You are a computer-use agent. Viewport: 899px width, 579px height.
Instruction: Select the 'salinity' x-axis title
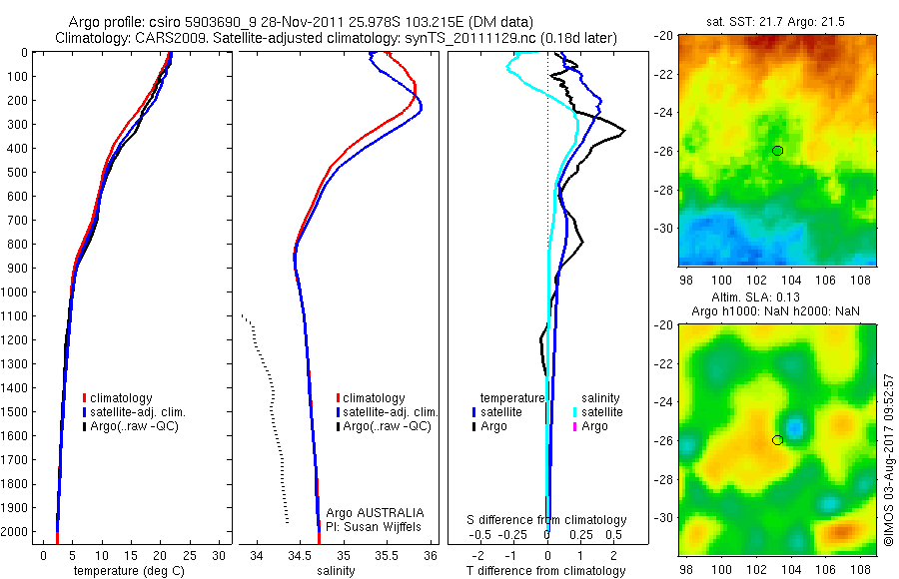[x=335, y=572]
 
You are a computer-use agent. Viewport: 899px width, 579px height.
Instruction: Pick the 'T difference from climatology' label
[x=547, y=572]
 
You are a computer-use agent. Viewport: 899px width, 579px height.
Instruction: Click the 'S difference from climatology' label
[x=547, y=520]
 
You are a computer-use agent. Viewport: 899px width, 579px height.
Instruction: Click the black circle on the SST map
[x=777, y=151]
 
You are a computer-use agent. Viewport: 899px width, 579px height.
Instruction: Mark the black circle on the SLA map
[x=777, y=440]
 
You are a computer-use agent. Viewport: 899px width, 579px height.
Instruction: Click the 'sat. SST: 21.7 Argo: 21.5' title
[x=777, y=21]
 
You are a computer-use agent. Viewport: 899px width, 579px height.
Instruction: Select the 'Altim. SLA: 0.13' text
[x=777, y=298]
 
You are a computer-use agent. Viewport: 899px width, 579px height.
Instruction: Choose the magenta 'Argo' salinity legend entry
[x=594, y=426]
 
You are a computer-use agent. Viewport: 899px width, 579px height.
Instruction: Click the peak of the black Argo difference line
[x=624, y=131]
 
